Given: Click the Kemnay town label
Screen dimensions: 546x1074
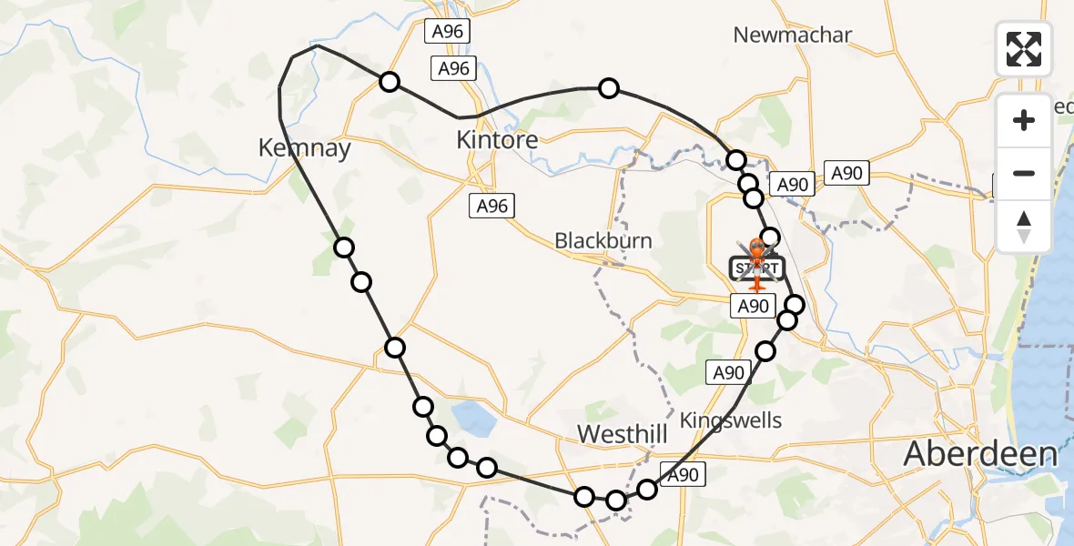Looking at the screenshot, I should pos(305,147).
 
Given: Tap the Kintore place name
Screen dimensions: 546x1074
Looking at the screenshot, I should pos(497,140).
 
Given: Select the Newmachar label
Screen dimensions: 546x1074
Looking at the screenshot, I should pos(792,35).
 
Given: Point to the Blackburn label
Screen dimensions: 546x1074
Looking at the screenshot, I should pos(603,241).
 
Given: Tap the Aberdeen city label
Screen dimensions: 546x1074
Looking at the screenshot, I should pos(980,453).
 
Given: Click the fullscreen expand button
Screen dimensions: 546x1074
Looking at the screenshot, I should pos(1024,49).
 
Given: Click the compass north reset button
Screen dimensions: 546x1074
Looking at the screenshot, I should pos(1024,227).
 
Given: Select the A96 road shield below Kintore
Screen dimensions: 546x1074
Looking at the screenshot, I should pos(491,207).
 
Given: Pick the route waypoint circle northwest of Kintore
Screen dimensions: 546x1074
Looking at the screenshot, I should pos(390,82).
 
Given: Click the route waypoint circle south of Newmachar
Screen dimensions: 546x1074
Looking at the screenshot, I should pos(609,88).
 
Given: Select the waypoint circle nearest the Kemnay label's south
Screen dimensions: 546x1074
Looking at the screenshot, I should pos(343,247).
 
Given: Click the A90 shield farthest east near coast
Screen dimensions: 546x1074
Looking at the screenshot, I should pos(846,173).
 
